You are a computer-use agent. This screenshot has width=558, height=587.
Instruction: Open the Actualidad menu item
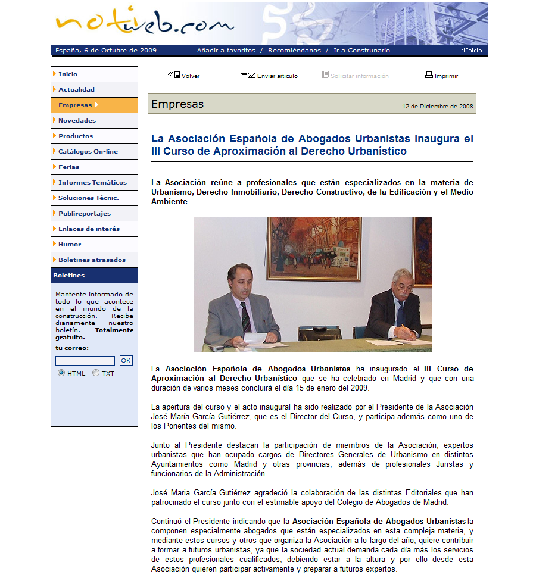(76, 90)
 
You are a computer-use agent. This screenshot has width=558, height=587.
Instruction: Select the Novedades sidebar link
(77, 121)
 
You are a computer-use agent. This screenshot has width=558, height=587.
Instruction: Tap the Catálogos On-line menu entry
(88, 152)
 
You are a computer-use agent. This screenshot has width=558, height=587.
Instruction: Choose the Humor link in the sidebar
(70, 245)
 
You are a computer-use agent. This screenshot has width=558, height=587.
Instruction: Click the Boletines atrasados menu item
(92, 260)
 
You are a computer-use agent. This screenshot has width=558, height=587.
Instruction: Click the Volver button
(185, 76)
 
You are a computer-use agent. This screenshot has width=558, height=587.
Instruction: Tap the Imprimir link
(442, 76)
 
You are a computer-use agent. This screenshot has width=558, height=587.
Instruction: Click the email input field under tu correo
(85, 361)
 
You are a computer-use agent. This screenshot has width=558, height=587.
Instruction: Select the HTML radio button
(61, 373)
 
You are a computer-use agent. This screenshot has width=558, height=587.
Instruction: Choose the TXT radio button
(96, 373)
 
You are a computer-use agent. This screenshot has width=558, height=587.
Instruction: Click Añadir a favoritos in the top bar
(226, 51)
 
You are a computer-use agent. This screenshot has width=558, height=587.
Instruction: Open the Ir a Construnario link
(361, 51)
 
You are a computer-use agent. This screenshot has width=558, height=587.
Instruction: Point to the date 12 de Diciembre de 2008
(438, 107)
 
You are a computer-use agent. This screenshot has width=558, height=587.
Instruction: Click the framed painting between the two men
(314, 248)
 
